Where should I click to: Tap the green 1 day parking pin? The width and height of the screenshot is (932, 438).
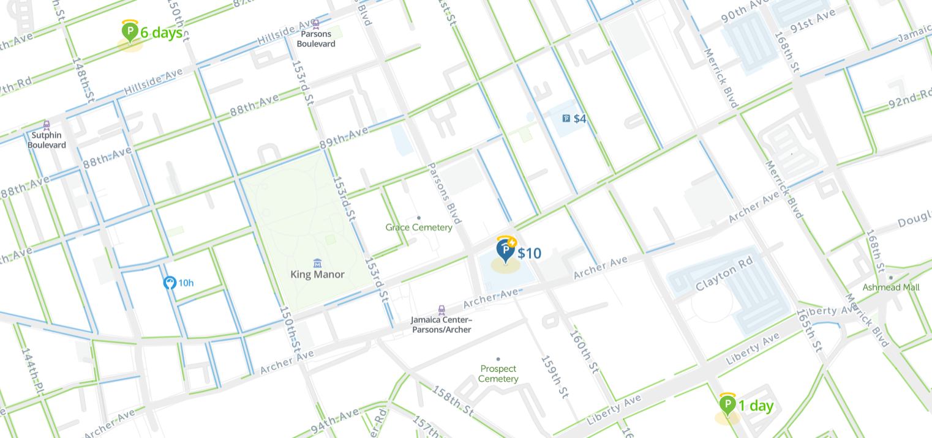(727, 405)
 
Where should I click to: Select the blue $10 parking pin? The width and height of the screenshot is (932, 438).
(506, 250)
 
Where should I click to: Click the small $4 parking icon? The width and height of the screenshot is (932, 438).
(566, 119)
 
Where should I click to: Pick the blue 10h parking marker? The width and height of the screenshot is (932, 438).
(170, 283)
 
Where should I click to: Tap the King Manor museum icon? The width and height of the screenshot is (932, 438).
(317, 263)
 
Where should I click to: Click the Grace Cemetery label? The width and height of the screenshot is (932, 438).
(419, 228)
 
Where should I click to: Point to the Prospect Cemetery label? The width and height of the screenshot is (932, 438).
(498, 373)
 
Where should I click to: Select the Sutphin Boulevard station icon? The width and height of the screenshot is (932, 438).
(47, 125)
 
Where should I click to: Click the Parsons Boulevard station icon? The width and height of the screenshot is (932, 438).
(316, 24)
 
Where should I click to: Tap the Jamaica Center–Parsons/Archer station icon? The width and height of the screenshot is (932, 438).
(441, 310)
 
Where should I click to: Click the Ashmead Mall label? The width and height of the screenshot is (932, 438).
(891, 287)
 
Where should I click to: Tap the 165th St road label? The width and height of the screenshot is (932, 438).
(808, 331)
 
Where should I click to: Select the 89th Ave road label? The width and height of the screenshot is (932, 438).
(344, 139)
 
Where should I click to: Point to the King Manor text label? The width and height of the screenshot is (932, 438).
(317, 275)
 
